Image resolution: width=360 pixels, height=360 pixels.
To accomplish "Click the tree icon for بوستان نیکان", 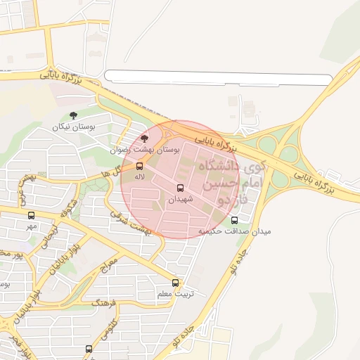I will tap(74, 116).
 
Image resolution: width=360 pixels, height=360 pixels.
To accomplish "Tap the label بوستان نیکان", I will tap(73, 127).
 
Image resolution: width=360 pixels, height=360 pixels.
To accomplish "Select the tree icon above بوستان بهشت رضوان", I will tap(145, 139).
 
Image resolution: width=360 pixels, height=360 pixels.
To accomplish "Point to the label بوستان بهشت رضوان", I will tap(145, 150).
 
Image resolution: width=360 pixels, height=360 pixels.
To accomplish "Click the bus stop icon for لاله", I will tap(139, 167).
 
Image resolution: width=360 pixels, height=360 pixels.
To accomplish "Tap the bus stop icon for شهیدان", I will tap(180, 188).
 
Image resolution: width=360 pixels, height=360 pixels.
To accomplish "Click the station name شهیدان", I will tap(179, 200).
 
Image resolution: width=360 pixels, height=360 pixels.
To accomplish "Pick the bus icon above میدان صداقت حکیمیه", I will tap(234, 220).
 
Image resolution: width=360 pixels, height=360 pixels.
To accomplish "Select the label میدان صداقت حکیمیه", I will tap(234, 231).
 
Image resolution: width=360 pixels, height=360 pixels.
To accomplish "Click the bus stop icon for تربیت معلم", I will tap(175, 283).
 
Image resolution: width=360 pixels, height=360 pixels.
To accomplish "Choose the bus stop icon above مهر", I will tap(30, 215).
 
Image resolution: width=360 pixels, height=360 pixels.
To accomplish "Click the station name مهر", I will tap(30, 226).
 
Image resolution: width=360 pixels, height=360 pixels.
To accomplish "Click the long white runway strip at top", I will tap(218, 78).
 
